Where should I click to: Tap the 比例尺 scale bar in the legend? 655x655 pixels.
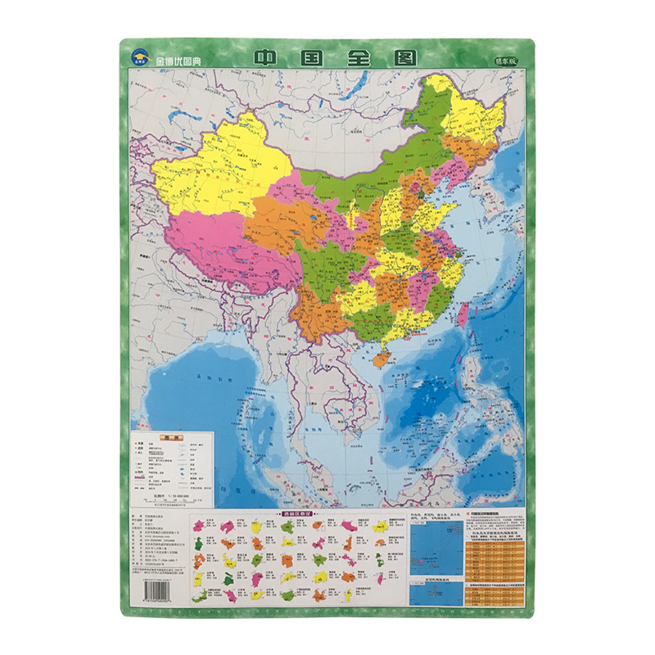point(168,495)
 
